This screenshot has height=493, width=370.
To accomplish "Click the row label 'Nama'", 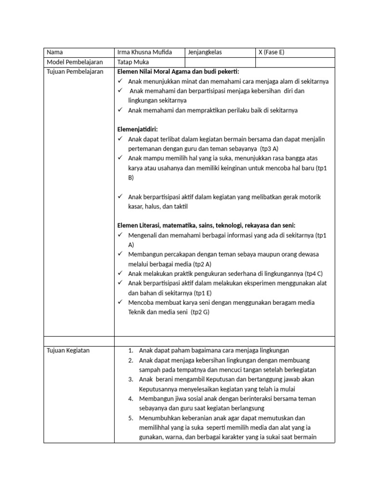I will (x=54, y=52).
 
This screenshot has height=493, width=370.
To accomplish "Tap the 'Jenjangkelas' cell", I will (x=206, y=52).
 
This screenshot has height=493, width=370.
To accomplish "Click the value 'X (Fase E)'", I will (x=272, y=52).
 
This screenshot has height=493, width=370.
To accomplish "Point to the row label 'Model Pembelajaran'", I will (x=72, y=62).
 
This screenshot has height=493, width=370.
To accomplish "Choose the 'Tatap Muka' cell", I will (x=133, y=62).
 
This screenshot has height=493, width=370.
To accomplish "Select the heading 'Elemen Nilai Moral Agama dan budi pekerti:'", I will (x=178, y=72).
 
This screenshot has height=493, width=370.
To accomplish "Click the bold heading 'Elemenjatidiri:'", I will (x=137, y=130).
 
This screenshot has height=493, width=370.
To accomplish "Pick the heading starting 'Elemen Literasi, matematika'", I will (x=207, y=225).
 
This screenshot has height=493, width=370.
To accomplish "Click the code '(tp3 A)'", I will (x=269, y=149).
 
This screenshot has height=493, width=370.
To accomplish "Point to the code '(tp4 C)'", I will (x=313, y=273).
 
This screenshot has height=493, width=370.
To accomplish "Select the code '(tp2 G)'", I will (x=200, y=312).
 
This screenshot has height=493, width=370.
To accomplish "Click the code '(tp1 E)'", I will (x=203, y=293).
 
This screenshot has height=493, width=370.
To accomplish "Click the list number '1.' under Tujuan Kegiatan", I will (x=131, y=350).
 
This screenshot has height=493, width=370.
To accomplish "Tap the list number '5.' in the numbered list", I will (x=131, y=418).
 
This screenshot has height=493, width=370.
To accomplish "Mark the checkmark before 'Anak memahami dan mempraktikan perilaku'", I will (x=120, y=110).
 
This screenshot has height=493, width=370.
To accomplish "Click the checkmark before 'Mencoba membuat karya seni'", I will (x=120, y=302).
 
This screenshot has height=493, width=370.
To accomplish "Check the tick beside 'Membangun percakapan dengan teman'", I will (x=120, y=254).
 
